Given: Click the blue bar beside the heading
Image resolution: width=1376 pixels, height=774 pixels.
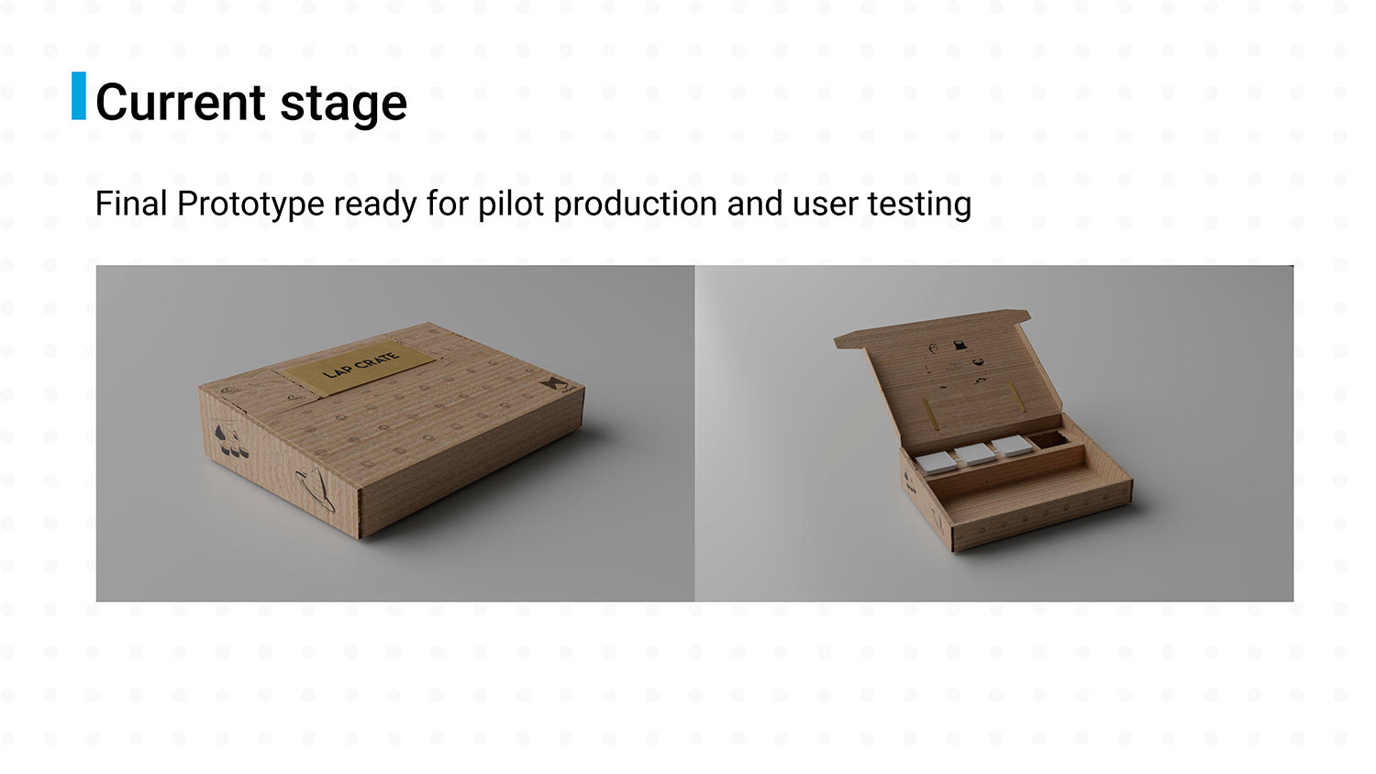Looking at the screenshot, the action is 79,95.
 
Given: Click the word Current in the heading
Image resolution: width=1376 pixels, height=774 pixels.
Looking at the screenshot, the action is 181,102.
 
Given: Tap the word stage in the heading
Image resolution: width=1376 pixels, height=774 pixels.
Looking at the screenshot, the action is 343,105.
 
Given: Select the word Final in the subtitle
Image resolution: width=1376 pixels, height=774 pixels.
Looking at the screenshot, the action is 131,204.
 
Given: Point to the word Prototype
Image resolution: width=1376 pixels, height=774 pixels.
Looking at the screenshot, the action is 250,205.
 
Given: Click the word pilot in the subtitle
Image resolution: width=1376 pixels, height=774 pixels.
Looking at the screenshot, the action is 511,205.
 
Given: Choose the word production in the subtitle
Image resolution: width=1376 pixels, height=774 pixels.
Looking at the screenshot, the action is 635,205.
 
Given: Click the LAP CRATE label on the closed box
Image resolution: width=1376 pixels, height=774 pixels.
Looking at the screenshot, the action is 360,366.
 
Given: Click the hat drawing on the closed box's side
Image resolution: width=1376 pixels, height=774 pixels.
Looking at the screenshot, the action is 316,489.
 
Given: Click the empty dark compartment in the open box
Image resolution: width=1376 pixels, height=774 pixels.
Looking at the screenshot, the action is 1048,440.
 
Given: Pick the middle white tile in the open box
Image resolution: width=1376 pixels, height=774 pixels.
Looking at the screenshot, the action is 975,454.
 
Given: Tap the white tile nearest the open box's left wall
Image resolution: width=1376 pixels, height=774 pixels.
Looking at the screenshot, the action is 937,464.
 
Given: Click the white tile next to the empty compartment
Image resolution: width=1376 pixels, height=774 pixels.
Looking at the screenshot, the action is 1012,446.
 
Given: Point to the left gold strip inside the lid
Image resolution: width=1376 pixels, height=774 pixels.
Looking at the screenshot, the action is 930,414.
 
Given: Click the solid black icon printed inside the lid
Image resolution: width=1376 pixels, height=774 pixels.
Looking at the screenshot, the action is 960,345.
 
